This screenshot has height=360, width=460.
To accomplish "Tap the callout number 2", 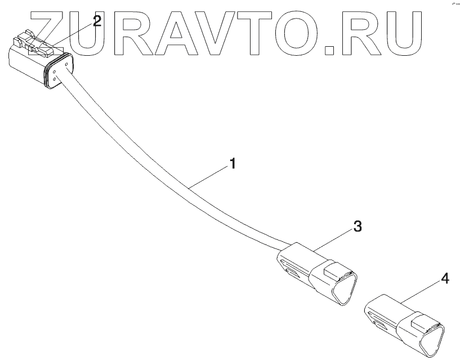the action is [x=97, y=22].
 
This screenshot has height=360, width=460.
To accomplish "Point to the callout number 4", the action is [x=445, y=278].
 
